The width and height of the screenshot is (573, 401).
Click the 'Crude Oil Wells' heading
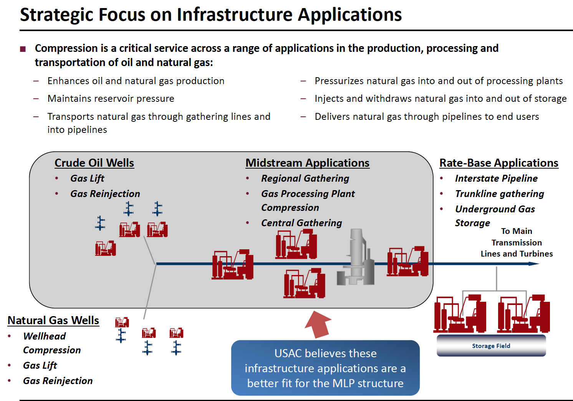(x=94, y=163)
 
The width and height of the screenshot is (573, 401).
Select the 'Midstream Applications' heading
(x=307, y=163)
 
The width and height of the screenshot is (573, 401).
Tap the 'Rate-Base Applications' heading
(x=499, y=163)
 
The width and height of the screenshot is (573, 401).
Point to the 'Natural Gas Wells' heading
(x=53, y=320)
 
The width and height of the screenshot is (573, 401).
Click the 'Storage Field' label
(x=491, y=346)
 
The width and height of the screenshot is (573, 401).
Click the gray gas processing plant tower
(x=356, y=257)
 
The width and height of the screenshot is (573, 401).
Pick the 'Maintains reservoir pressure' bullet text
(x=111, y=99)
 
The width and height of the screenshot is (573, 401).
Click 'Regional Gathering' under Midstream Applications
(x=305, y=178)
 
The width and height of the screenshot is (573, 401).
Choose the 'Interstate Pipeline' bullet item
(x=496, y=178)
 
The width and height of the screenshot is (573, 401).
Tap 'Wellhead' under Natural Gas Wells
(x=45, y=336)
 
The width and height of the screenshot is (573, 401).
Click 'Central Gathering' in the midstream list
(x=301, y=223)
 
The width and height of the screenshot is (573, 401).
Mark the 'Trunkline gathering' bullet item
(x=500, y=194)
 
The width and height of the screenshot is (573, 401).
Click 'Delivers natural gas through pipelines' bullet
(x=427, y=117)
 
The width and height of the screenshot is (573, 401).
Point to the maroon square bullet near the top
(x=23, y=49)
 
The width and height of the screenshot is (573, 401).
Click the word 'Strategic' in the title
(x=56, y=15)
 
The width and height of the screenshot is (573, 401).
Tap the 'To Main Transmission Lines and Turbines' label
(x=517, y=242)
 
